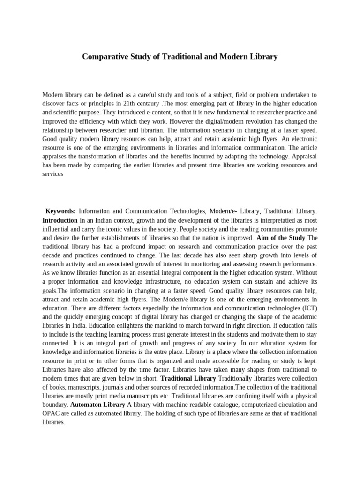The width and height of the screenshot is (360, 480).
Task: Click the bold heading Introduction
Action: pyautogui.click(x=60, y=220)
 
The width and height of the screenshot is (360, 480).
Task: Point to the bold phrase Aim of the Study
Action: pyautogui.click(x=281, y=238)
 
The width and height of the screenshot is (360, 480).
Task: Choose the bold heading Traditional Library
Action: pyautogui.click(x=188, y=378)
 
